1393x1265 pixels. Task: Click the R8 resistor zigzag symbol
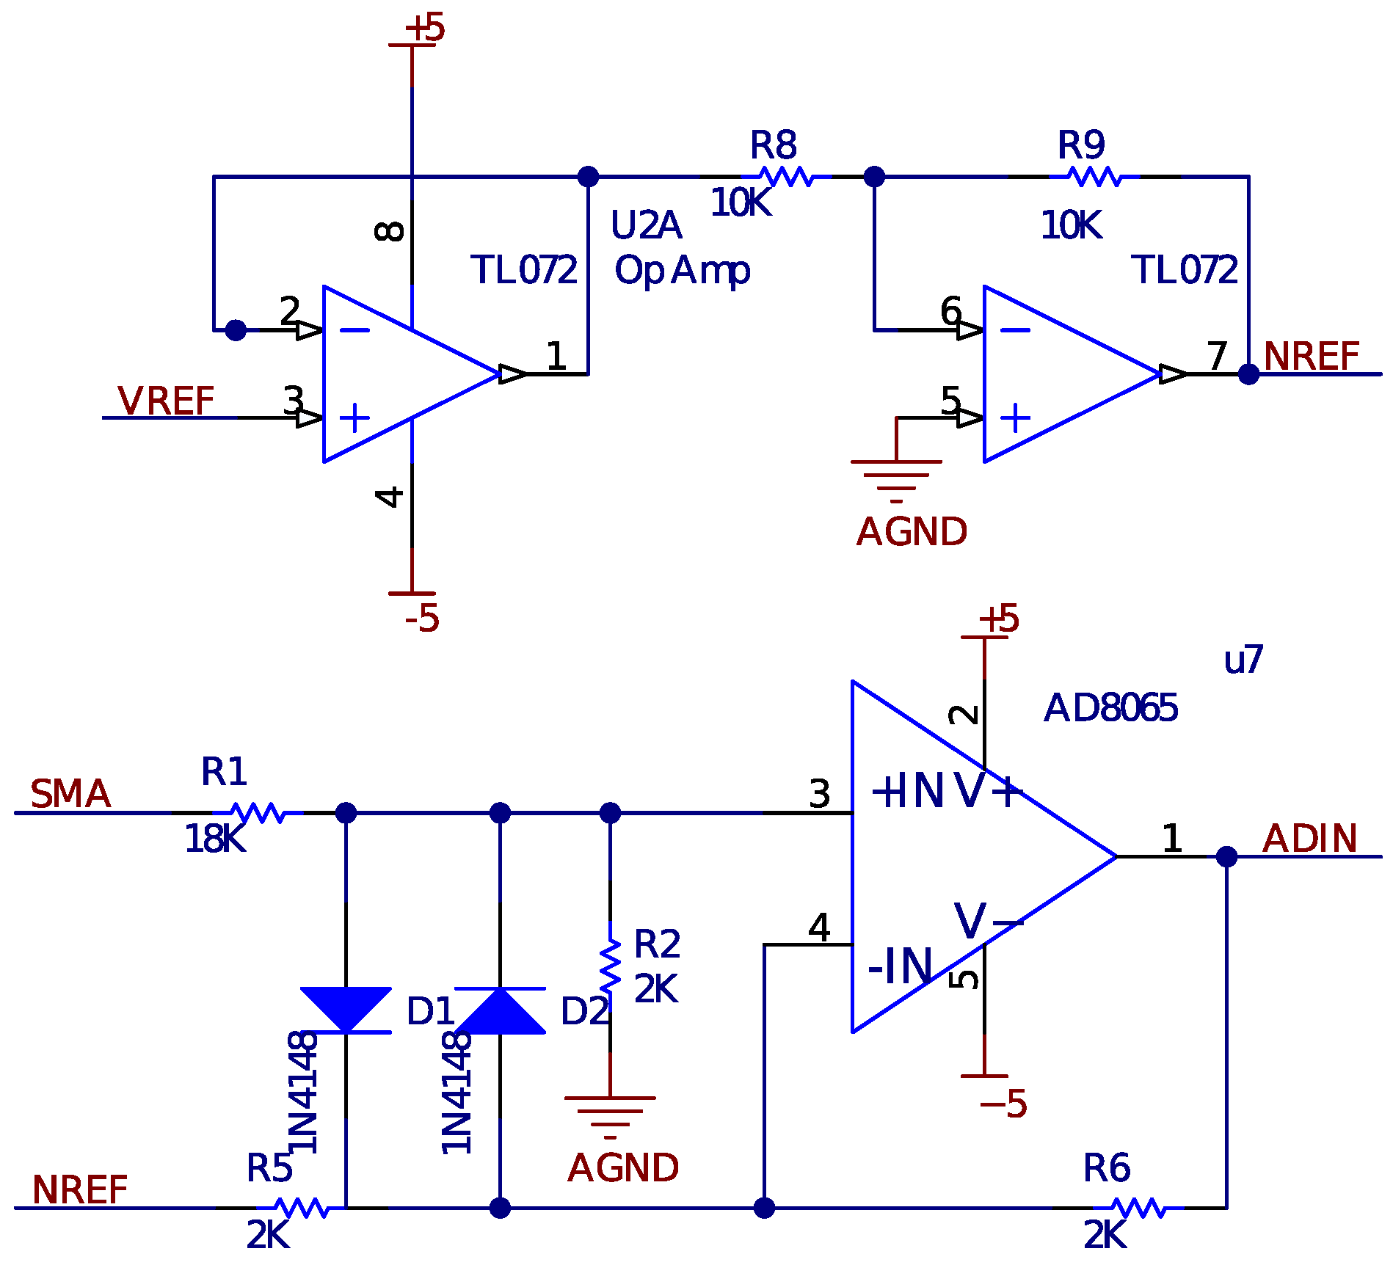(x=786, y=177)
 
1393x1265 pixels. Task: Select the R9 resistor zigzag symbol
(x=1094, y=177)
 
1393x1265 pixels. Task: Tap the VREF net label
(x=166, y=401)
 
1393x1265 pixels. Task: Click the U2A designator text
(x=646, y=225)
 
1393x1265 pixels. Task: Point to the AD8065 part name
(x=1110, y=709)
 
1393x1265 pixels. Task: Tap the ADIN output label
(x=1310, y=839)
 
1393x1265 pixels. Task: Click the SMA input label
(x=70, y=795)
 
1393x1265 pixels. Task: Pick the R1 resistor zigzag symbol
(x=258, y=813)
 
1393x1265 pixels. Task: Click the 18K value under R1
(x=214, y=839)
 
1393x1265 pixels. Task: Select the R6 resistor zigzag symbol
(x=1138, y=1208)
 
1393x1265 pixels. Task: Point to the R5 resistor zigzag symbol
(x=301, y=1208)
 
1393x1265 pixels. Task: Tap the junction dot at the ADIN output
(x=1226, y=856)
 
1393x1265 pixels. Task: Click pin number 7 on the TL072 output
(x=1218, y=357)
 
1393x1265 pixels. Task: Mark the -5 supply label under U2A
(x=422, y=619)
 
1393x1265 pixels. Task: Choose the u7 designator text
(x=1243, y=660)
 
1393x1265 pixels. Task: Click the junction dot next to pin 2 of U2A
(x=236, y=330)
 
